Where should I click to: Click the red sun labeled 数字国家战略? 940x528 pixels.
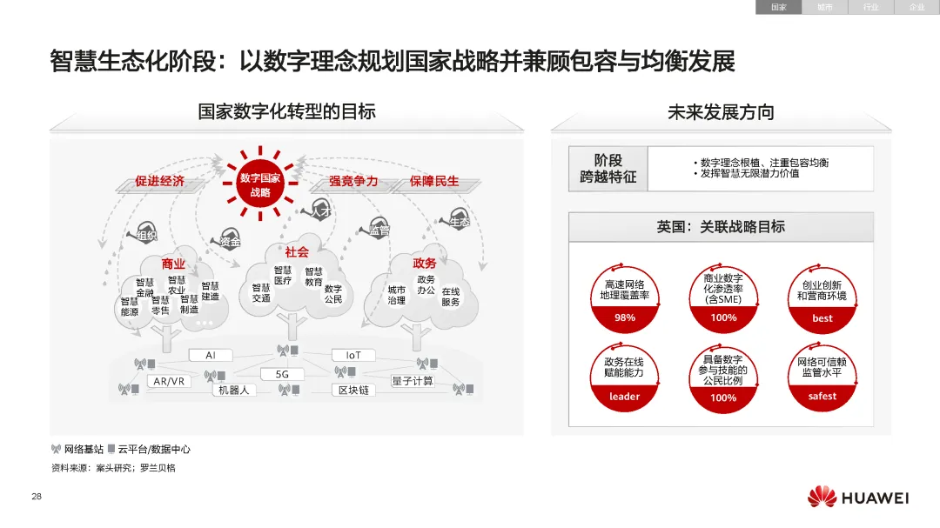[x=260, y=184]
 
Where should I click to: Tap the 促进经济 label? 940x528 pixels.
[x=160, y=181]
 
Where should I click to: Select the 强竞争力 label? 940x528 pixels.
[x=352, y=181]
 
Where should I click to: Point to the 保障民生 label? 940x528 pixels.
[x=434, y=181]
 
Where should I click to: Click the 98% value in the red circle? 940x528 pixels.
[x=625, y=317]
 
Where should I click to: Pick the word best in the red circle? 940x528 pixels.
[x=822, y=318]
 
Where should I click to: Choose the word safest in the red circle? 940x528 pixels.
[x=822, y=396]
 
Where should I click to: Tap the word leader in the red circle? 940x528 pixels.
[x=625, y=397]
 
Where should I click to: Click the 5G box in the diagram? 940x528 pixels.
[x=282, y=374]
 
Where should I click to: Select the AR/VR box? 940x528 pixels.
[x=169, y=382]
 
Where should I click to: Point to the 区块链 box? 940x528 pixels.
[x=353, y=390]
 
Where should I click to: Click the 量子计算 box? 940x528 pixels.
[x=413, y=381]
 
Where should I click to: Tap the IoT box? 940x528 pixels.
[x=353, y=355]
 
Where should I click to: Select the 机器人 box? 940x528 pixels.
[x=233, y=390]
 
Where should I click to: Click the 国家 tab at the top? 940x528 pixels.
[x=778, y=7]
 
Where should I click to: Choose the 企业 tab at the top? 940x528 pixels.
[x=917, y=7]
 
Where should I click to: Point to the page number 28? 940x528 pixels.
[x=37, y=497]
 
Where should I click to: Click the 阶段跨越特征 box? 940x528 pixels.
[x=608, y=169]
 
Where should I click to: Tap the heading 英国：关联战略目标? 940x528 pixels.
[x=721, y=227]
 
